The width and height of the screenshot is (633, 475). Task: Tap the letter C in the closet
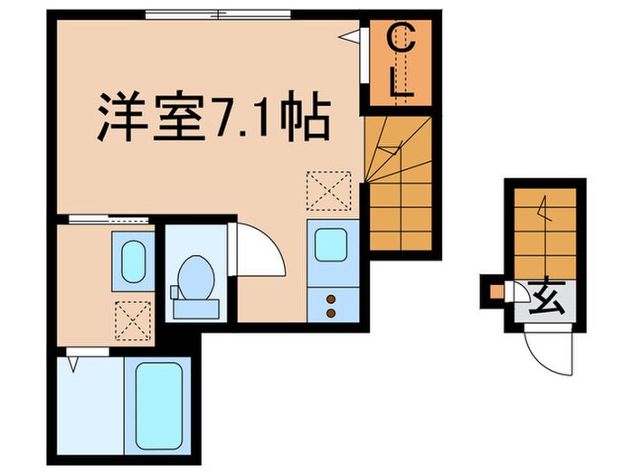[x=402, y=41]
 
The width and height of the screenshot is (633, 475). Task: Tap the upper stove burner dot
[x=330, y=298]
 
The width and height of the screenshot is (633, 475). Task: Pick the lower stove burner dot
[x=330, y=313]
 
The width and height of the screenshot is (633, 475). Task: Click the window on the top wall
[x=218, y=14]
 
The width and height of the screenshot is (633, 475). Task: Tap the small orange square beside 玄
[x=495, y=291]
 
